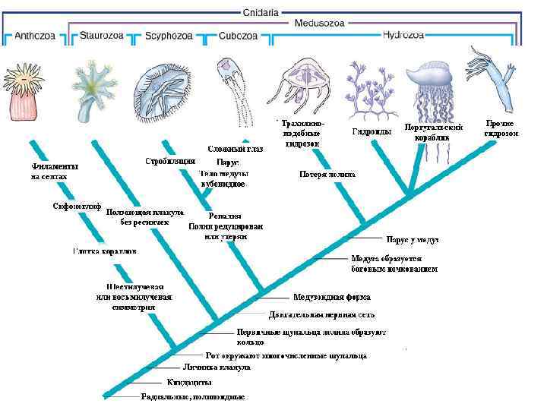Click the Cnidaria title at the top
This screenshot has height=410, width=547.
click(260, 12)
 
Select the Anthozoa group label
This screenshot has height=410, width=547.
click(35, 35)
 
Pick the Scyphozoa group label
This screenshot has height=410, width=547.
click(169, 35)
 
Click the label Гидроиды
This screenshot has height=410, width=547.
click(372, 131)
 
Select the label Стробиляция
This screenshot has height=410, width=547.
click(170, 161)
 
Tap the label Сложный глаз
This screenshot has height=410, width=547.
click(236, 149)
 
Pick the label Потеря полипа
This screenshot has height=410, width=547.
click(327, 174)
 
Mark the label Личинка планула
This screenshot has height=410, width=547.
click(216, 367)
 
